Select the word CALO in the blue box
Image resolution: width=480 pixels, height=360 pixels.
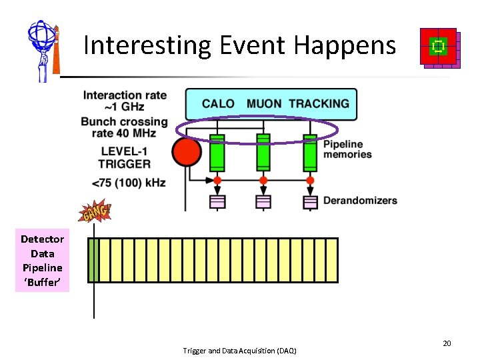pyautogui.click(x=218, y=103)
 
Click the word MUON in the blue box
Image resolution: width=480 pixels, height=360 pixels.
pyautogui.click(x=265, y=103)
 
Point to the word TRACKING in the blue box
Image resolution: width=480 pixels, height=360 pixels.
pyautogui.click(x=319, y=103)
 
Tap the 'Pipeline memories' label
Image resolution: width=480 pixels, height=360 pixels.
pyautogui.click(x=347, y=149)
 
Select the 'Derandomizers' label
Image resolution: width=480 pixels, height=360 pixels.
pyautogui.click(x=360, y=201)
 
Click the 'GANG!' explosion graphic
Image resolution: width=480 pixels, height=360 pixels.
pyautogui.click(x=95, y=213)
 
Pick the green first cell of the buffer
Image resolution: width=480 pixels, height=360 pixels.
pyautogui.click(x=93, y=260)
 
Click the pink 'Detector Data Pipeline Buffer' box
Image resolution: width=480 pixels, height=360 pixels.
pyautogui.click(x=42, y=261)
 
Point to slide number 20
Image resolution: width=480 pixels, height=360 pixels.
pyautogui.click(x=447, y=343)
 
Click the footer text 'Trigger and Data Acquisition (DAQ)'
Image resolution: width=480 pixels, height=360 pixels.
pyautogui.click(x=239, y=351)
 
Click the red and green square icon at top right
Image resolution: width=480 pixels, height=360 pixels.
pyautogui.click(x=439, y=47)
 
